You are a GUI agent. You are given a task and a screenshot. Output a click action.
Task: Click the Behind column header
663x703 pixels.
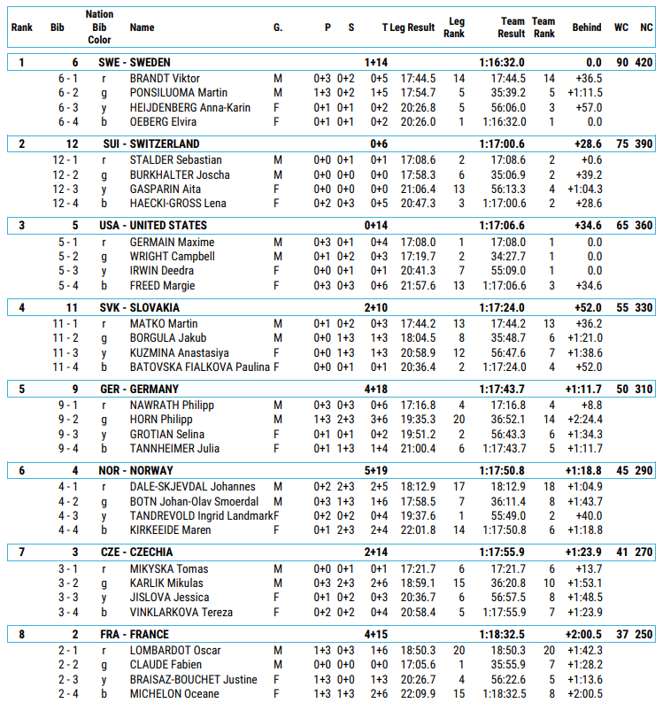pos(586,27)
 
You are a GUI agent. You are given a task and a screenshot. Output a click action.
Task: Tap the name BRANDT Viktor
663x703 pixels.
pos(165,78)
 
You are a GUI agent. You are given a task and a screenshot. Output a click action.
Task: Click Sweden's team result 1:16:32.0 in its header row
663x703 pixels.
pos(502,62)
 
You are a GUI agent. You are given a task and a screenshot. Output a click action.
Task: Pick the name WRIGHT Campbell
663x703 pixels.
pos(172,256)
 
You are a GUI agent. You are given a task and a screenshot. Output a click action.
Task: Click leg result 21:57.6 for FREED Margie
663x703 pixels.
pos(418,285)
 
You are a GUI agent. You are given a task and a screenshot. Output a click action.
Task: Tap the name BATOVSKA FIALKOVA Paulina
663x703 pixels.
pos(199,367)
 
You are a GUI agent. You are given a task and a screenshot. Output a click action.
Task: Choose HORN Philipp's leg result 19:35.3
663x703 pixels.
pos(418,419)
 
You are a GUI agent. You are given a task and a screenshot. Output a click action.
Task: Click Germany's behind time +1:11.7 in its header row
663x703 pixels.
pos(583,389)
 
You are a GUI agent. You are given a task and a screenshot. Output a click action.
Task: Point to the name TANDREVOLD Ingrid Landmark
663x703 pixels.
pos(201,515)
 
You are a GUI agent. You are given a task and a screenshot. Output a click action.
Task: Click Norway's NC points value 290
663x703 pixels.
pos(644,470)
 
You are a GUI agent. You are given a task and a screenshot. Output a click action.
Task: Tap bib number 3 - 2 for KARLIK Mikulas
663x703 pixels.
pos(68,583)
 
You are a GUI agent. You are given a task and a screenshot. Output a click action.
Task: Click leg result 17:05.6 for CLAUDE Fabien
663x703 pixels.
pos(418,664)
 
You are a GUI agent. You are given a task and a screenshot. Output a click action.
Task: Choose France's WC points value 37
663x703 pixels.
pos(621,633)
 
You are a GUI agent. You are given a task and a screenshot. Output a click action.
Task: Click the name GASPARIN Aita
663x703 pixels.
pos(166,189)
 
